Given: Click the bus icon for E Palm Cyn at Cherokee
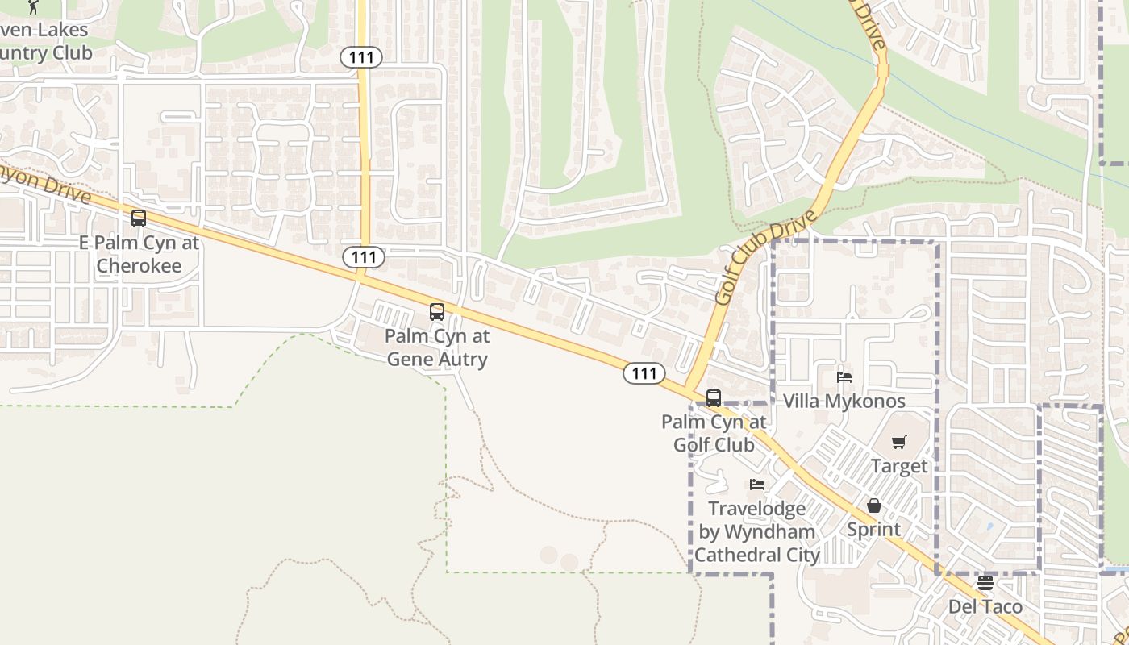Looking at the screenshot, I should (x=139, y=218).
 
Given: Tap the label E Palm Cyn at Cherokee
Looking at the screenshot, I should (x=139, y=254).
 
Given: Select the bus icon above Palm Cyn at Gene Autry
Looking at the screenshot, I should (x=437, y=312).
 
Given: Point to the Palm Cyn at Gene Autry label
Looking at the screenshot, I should (x=437, y=347).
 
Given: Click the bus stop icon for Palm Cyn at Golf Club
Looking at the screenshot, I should (x=714, y=397).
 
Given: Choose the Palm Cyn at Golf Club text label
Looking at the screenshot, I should (x=714, y=433).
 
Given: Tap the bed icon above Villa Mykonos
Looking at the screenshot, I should (x=844, y=377).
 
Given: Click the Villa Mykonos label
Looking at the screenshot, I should (x=844, y=401).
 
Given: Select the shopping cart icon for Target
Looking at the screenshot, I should (x=899, y=442).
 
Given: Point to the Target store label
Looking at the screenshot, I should (x=899, y=466).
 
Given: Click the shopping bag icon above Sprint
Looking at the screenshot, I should (x=874, y=506).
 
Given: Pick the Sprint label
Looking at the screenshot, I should (x=874, y=530).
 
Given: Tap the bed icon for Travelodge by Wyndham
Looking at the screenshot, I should (x=757, y=485).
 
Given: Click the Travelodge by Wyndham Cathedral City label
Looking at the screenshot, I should (x=757, y=531).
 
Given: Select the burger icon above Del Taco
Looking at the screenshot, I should (x=985, y=582).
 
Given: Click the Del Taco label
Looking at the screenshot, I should (x=985, y=606).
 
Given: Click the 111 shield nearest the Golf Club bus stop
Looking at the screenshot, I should (x=644, y=373).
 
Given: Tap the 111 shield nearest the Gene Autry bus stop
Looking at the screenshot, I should (x=364, y=257).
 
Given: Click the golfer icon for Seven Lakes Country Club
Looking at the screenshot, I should (x=33, y=6).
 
